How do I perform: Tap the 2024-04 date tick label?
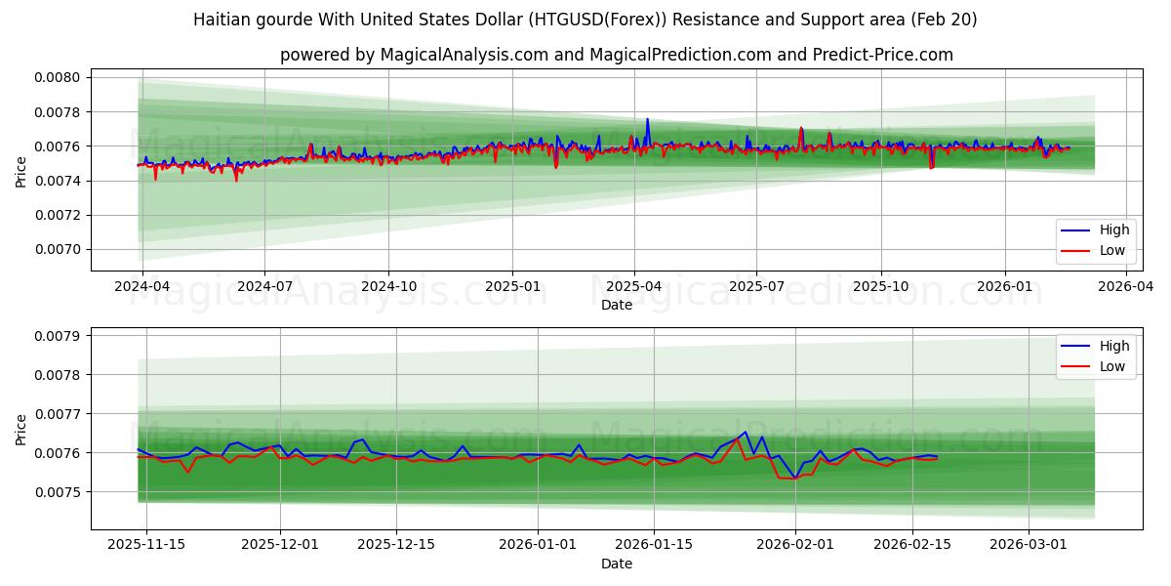(142, 286)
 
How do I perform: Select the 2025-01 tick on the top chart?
(512, 286)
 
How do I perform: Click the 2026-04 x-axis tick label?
(1126, 286)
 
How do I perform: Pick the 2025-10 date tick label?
(881, 286)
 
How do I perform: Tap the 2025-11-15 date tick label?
(146, 545)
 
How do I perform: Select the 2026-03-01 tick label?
(1029, 545)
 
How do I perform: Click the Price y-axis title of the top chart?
(20, 172)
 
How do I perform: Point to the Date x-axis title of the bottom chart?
(616, 564)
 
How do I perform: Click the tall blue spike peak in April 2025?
(647, 119)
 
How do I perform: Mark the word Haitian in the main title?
(221, 20)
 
